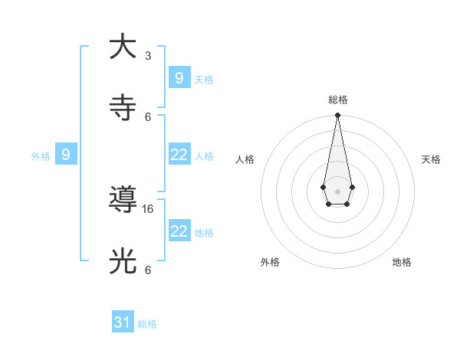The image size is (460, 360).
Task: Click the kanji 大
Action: [x=123, y=47]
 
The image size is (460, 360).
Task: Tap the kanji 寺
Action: [x=123, y=108]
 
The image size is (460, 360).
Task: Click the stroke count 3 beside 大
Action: [x=148, y=56]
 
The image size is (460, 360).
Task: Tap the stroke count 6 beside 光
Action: [x=148, y=270]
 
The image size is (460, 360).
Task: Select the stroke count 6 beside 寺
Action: [x=148, y=116]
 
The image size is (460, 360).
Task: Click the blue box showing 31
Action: [x=123, y=322]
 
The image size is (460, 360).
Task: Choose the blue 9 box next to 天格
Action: [x=179, y=77]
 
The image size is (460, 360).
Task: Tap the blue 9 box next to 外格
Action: [x=66, y=155]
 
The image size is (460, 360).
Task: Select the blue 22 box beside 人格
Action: [x=179, y=155]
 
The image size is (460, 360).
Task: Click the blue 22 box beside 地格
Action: [x=179, y=231]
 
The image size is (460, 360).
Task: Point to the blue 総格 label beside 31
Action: [x=147, y=324]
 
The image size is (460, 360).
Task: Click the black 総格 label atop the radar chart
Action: [x=337, y=100]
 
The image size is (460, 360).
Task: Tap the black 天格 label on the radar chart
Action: [x=431, y=159]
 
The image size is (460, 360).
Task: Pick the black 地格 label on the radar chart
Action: [x=402, y=262]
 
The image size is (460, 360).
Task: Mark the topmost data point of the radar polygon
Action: [x=337, y=115]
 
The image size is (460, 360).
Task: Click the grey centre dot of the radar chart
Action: [x=337, y=191]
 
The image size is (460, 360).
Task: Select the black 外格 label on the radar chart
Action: [x=270, y=262]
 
